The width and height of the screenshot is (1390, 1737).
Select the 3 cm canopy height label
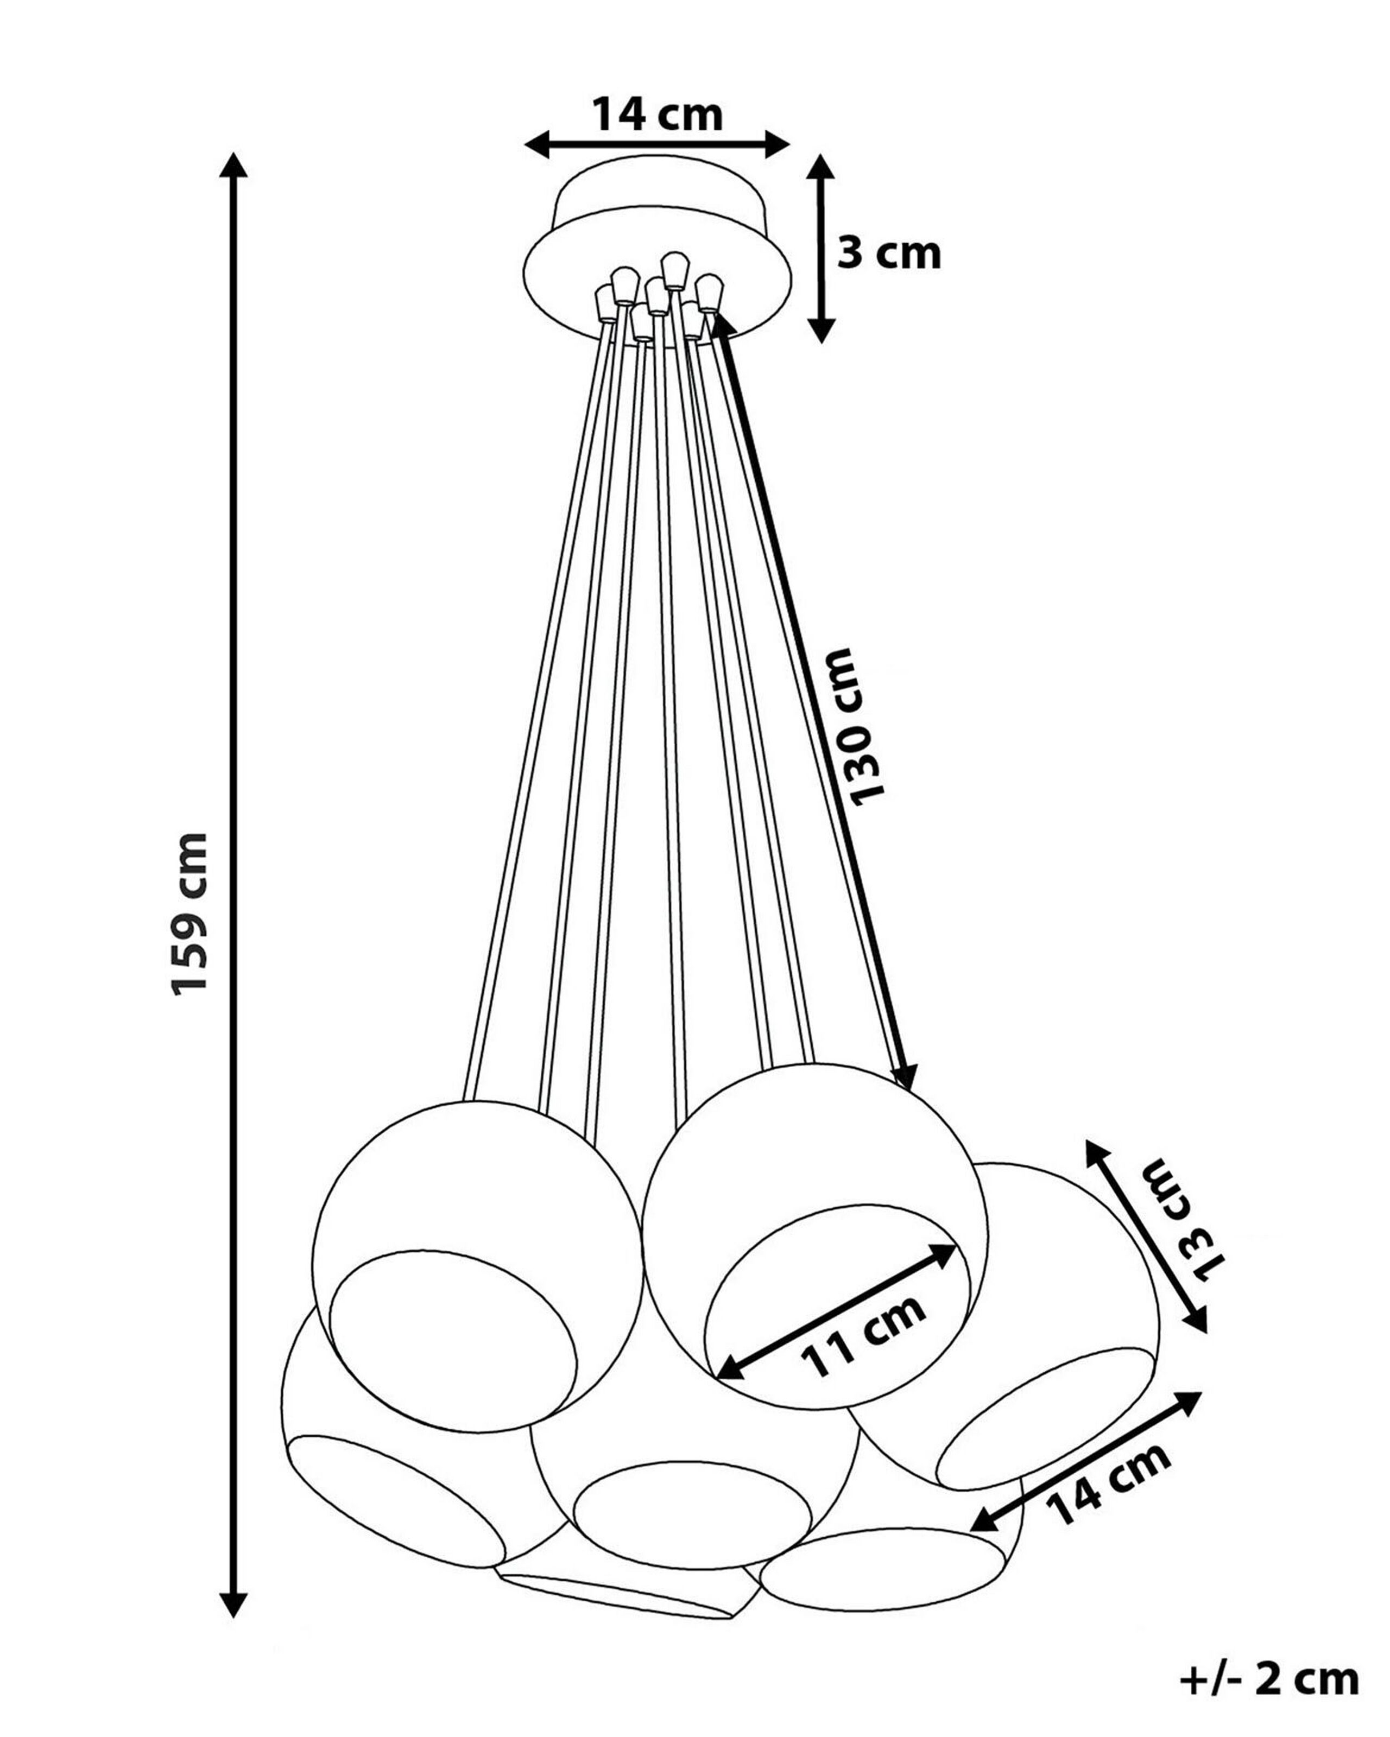coord(889,255)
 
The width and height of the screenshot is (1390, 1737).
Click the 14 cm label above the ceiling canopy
coord(658,115)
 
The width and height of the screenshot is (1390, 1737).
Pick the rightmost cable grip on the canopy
coord(709,293)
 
